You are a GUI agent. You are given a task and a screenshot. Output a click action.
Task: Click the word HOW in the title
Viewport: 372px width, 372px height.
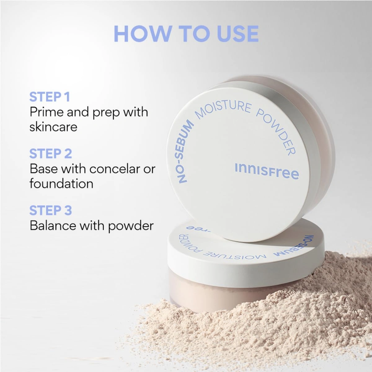142,33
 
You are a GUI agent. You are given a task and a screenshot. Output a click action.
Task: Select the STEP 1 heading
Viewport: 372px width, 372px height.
50,97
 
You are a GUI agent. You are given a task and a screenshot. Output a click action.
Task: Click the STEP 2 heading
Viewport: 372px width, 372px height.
51,153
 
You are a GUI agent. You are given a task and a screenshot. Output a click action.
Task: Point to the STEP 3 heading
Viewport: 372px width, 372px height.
51,210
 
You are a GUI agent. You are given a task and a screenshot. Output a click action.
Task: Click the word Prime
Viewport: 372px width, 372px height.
46,112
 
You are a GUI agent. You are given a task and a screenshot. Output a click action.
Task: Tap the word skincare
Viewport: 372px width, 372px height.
53,127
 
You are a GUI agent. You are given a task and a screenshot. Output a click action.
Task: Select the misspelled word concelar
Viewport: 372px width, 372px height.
112,169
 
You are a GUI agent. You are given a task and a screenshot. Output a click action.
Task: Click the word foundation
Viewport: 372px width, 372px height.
61,184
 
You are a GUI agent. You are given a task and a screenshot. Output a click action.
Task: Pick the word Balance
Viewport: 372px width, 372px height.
53,225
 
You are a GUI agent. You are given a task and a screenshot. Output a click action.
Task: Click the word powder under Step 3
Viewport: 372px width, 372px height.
131,226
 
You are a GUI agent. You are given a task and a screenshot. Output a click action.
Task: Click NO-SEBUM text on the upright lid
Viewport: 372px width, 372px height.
185,151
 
